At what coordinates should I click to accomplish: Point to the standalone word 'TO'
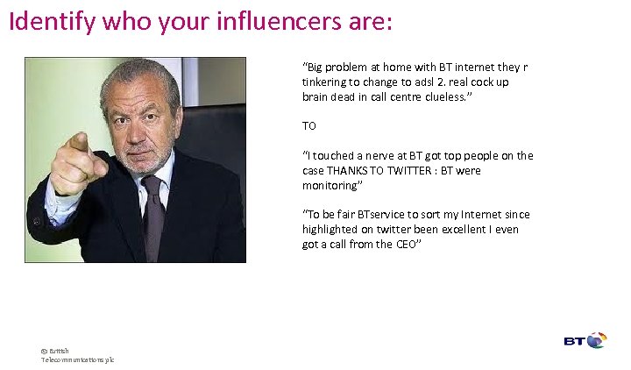coord(309,126)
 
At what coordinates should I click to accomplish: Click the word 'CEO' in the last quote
coord(406,245)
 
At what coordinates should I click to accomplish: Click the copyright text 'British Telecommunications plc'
coord(76,355)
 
